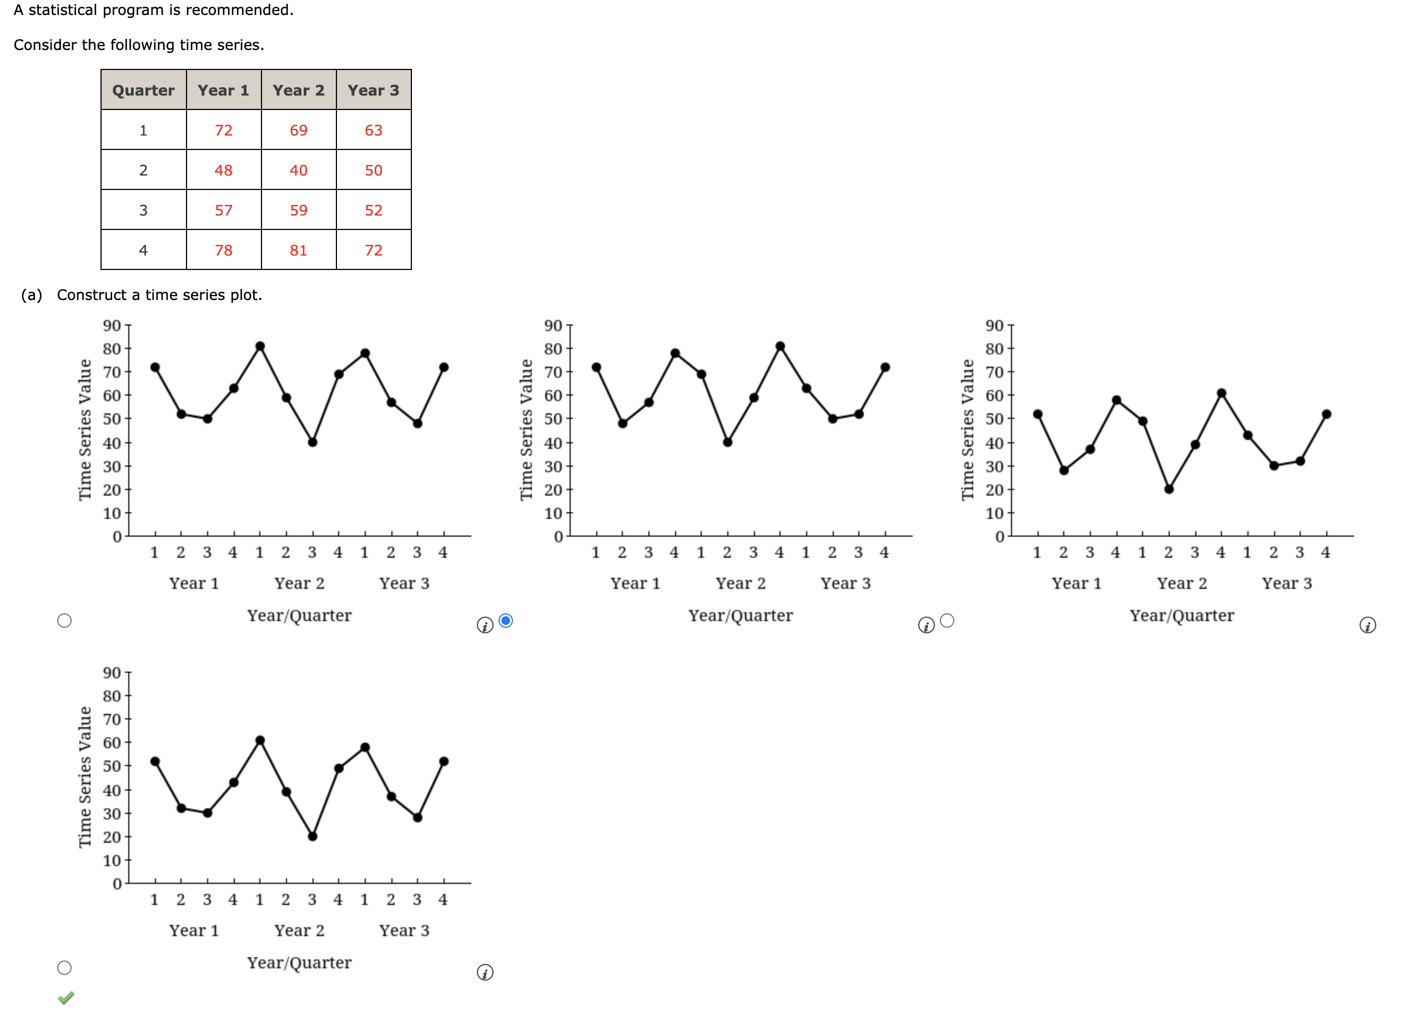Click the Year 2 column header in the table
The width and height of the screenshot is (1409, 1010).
(x=298, y=90)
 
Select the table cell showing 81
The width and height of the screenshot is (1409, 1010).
(x=298, y=250)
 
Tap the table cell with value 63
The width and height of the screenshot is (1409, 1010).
(x=374, y=130)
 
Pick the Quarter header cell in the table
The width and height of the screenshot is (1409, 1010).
(x=143, y=90)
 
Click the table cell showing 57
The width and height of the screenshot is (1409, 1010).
(x=223, y=210)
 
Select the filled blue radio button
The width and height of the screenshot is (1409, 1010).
(x=506, y=621)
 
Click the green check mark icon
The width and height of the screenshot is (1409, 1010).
(x=66, y=997)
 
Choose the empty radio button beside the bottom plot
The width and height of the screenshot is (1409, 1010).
(x=64, y=967)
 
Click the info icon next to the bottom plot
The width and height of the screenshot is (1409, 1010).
(x=485, y=972)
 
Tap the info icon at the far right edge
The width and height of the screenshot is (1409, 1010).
(x=1367, y=624)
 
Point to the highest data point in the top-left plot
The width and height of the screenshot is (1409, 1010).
(x=260, y=346)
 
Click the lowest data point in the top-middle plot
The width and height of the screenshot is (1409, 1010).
(x=727, y=442)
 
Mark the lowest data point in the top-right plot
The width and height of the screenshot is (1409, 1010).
(x=1169, y=489)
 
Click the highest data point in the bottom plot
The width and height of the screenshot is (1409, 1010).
(x=260, y=740)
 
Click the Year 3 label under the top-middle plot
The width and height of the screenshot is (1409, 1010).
(x=845, y=583)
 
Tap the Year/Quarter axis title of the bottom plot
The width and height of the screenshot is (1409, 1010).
(x=299, y=962)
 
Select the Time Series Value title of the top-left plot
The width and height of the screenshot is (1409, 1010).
(x=84, y=429)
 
